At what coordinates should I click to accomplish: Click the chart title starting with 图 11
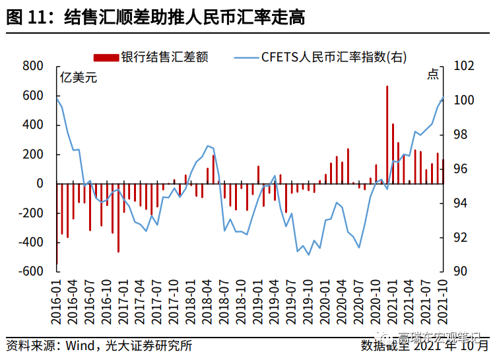pyautogui.click(x=155, y=18)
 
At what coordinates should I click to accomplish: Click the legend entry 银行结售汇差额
pyautogui.click(x=164, y=57)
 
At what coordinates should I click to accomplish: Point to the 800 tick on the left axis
pyautogui.click(x=33, y=66)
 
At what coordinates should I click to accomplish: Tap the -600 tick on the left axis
pyautogui.click(x=30, y=271)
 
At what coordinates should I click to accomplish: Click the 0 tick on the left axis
pyautogui.click(x=40, y=184)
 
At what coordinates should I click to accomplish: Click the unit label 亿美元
pyautogui.click(x=79, y=77)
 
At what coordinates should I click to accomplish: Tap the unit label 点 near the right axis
pyautogui.click(x=433, y=75)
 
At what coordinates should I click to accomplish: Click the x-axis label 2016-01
pyautogui.click(x=57, y=301)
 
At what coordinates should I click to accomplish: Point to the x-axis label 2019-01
pyautogui.click(x=258, y=301)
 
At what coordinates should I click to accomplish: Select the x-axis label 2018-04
pyautogui.click(x=207, y=301)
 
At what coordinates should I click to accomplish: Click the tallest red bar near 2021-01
pyautogui.click(x=387, y=135)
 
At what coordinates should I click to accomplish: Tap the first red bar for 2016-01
pyautogui.click(x=57, y=224)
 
